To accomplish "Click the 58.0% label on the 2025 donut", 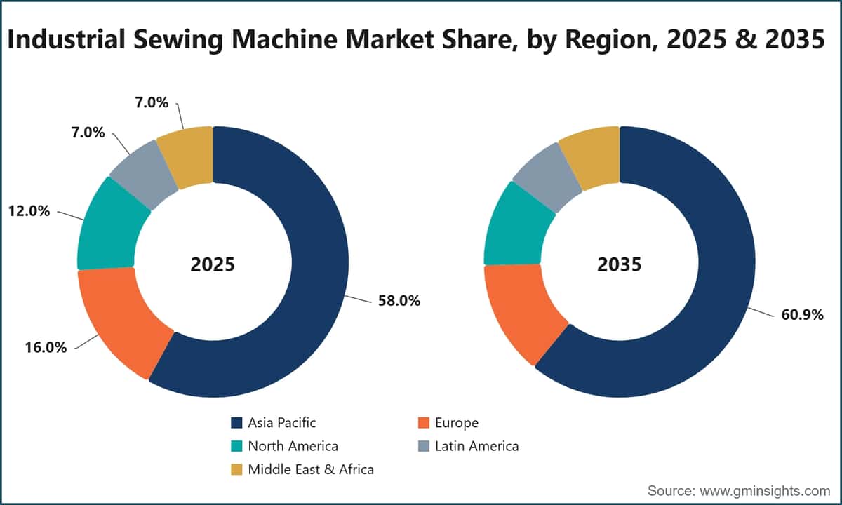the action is point(399,301).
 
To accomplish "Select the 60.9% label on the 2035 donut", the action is point(802,315).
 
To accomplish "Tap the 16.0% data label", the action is point(46,348).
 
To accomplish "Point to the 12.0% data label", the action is point(29,211).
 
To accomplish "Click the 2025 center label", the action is point(213,264).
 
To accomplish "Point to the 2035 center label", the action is point(620,264).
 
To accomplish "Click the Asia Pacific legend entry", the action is point(274,423).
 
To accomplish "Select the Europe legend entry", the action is point(448,423).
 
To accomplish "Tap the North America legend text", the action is point(293,446).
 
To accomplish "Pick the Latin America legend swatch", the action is point(424,446).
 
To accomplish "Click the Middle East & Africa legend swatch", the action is point(236,470).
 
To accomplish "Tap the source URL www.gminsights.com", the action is point(765,491).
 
